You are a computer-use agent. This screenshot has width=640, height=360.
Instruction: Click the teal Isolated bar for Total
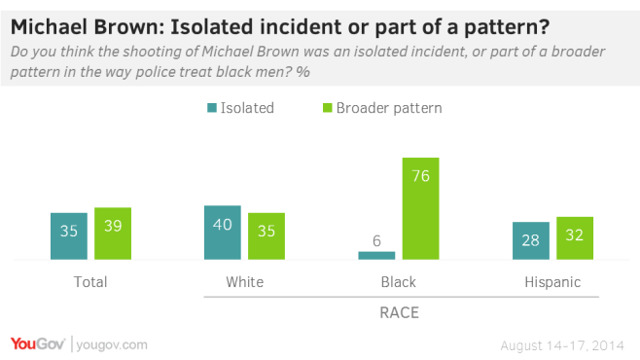[68, 236]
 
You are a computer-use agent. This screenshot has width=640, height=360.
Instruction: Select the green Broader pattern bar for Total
[113, 234]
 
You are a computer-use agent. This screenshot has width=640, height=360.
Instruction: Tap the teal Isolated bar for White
[222, 234]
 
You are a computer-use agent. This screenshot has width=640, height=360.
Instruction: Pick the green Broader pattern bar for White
[266, 236]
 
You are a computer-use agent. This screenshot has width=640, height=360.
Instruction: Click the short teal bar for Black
[376, 256]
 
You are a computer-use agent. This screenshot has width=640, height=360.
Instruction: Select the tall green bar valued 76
[420, 209]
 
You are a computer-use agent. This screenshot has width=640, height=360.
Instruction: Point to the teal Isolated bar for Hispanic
[530, 241]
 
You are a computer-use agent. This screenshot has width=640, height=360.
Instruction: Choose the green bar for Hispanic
[575, 238]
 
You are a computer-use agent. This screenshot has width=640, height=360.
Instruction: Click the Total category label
[90, 282]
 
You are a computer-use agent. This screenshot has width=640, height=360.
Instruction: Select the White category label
[243, 282]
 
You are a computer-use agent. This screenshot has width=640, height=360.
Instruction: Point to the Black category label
[398, 282]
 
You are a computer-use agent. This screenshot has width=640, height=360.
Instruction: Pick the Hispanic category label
[551, 282]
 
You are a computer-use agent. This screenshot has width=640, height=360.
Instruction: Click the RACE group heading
[398, 313]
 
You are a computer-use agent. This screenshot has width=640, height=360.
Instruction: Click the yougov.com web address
[111, 344]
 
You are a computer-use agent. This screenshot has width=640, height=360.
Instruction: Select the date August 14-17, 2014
[562, 344]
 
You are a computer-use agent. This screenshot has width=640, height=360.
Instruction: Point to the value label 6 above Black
[376, 239]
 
